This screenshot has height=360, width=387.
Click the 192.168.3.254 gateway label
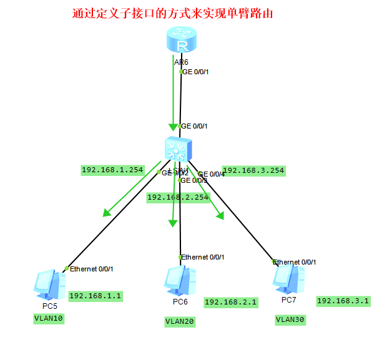[x=253, y=170]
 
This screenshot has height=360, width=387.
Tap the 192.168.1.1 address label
[x=95, y=296]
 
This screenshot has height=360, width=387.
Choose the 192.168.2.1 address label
[x=230, y=302]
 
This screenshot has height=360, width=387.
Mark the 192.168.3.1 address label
[x=343, y=301]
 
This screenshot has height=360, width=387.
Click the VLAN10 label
[x=49, y=318]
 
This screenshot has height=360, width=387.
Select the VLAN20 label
[x=180, y=321]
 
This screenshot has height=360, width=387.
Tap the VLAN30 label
[x=290, y=319]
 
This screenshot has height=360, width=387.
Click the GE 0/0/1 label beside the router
[x=195, y=72]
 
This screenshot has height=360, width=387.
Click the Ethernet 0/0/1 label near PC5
[x=91, y=269]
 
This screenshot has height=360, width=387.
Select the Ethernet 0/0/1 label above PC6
[x=202, y=257]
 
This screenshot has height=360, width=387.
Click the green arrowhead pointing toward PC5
[x=107, y=212]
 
